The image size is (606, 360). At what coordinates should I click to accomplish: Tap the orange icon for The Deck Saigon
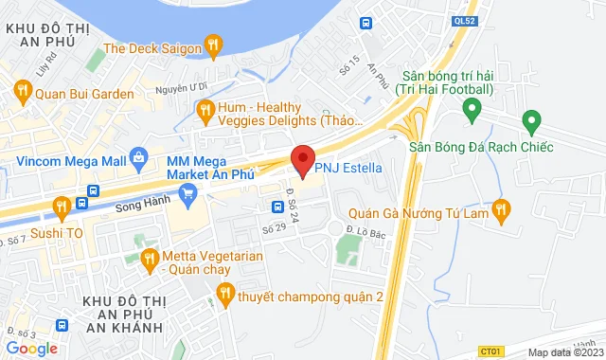(215, 45)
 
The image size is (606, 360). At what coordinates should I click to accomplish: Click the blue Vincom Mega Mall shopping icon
(139, 154)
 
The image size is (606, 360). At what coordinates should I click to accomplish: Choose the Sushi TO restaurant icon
(61, 204)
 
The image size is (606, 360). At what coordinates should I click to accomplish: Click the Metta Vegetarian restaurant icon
(149, 258)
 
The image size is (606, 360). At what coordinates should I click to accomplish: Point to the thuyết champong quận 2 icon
(224, 295)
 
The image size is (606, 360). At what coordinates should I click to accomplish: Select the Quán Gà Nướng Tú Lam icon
(502, 209)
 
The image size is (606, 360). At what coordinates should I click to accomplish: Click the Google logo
(31, 348)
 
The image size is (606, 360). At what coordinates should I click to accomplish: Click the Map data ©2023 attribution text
(563, 352)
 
